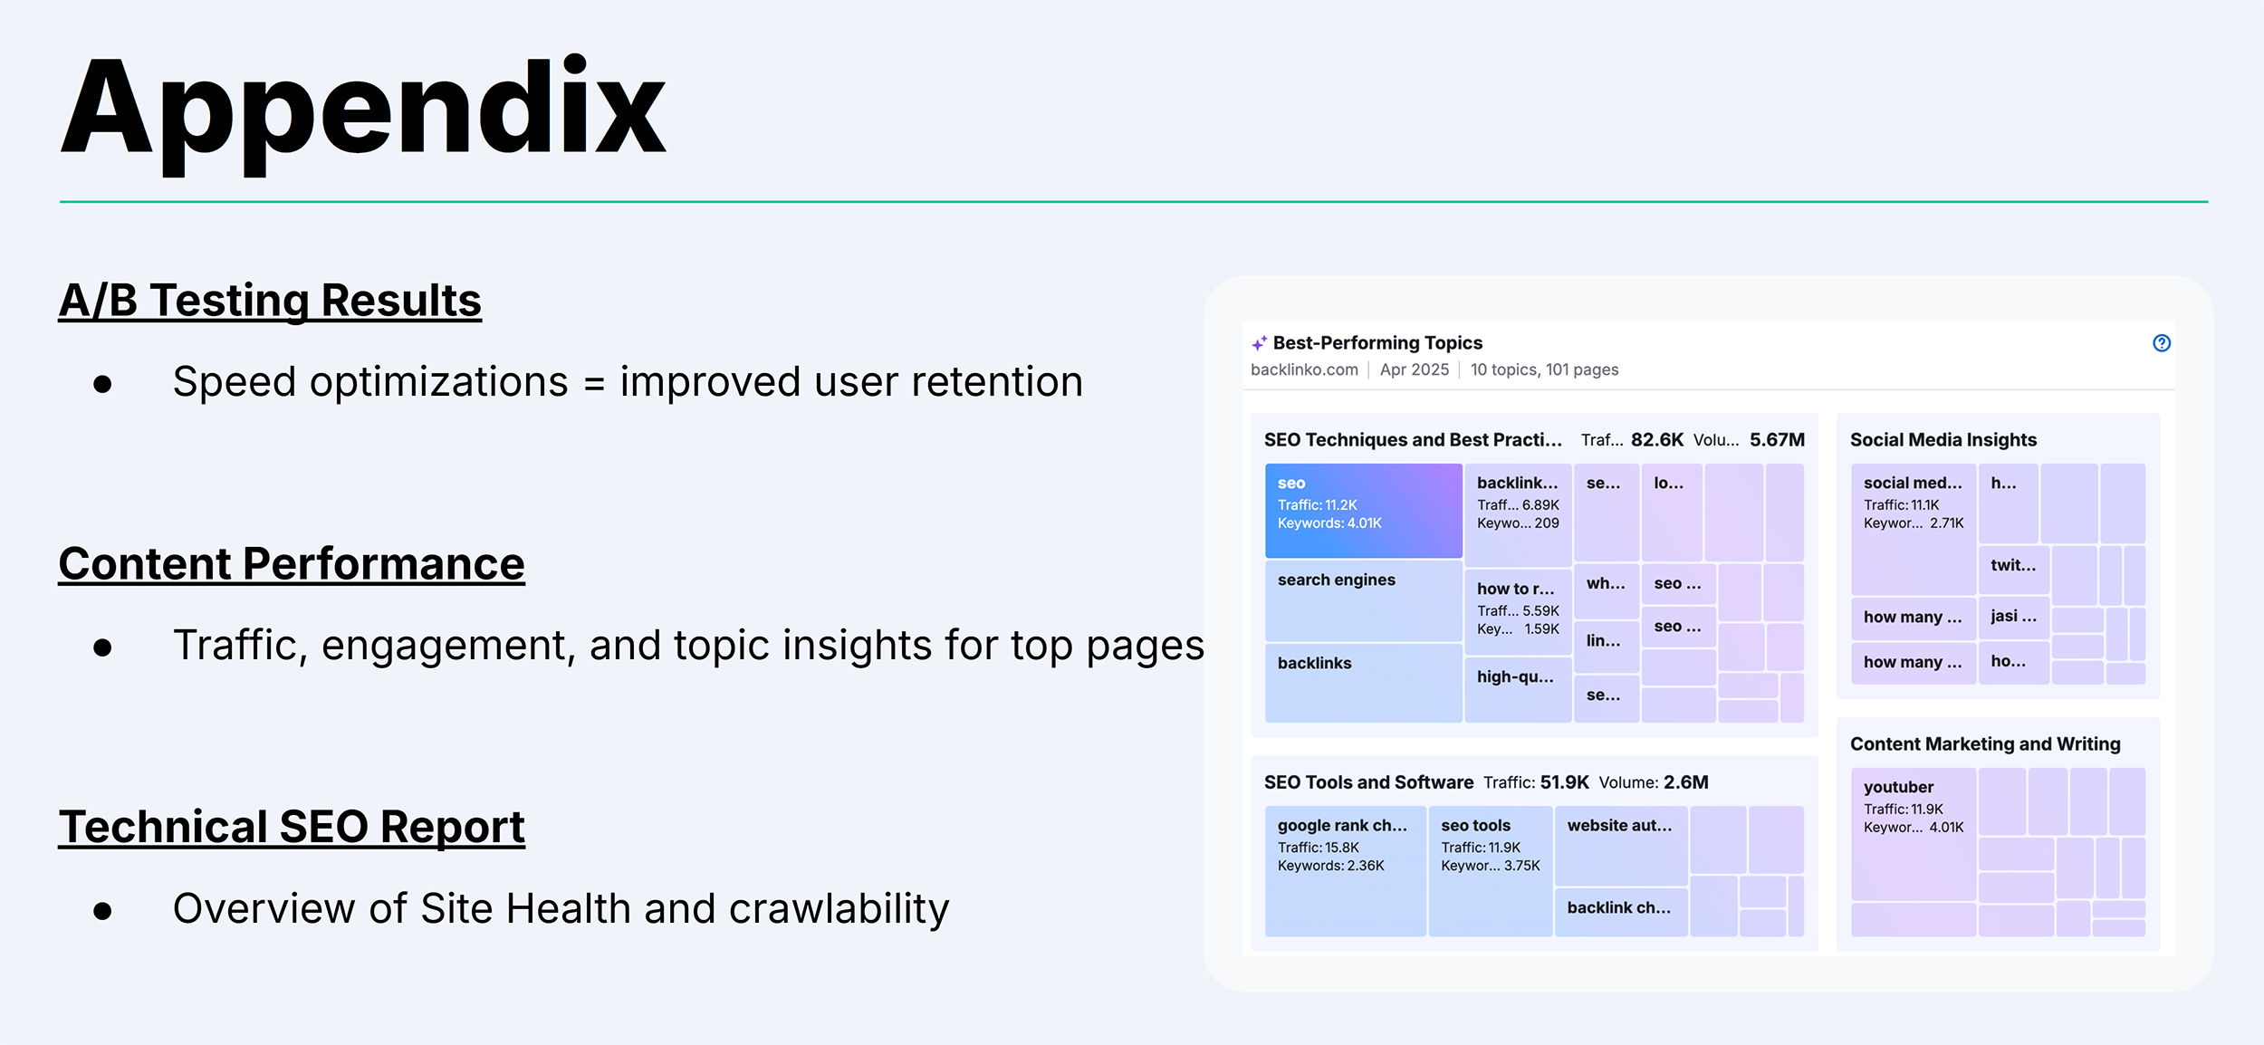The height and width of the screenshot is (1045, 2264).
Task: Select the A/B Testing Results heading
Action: [x=270, y=300]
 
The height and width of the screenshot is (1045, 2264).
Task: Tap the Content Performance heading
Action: [x=292, y=563]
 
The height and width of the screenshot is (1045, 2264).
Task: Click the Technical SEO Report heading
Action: [x=292, y=826]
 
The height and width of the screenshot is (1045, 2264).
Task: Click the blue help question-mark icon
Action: [x=2161, y=343]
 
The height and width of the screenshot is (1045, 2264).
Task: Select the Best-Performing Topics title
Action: [x=1377, y=343]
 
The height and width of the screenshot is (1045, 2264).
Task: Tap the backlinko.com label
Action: [x=1304, y=369]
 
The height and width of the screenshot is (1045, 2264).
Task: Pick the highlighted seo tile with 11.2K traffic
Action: [x=1363, y=510]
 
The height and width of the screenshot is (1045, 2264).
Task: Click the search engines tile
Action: [x=1363, y=600]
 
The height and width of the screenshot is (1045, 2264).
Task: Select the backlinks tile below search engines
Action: [x=1363, y=682]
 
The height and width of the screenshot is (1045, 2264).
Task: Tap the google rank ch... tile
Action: [x=1345, y=869]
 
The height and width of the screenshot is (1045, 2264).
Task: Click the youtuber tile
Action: [x=1913, y=833]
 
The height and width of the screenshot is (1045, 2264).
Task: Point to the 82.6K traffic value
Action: [x=1656, y=440]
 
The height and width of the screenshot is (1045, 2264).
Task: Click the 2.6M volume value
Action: [x=1685, y=782]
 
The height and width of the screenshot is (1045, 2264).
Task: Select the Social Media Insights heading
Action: [x=1943, y=440]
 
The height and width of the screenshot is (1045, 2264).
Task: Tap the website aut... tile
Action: [x=1620, y=844]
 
